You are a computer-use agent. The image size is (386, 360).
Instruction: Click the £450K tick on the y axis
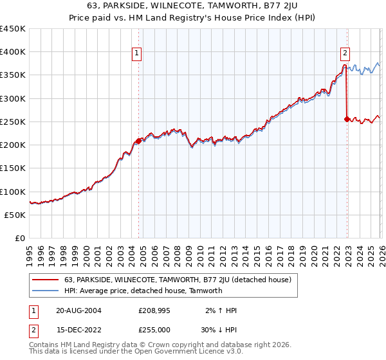pos(13,29)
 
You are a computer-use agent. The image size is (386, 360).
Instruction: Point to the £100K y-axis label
pos(13,192)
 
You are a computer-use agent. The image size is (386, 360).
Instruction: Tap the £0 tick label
pos(20,238)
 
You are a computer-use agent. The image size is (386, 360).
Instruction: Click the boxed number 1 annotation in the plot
pos(138,54)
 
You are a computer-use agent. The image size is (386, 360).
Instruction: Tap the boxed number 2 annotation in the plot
pos(345,54)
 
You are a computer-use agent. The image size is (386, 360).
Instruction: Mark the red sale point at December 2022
pos(347,119)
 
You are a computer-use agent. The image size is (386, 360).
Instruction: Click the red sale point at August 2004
pos(139,141)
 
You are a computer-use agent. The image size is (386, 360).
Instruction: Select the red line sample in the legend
pos(46,280)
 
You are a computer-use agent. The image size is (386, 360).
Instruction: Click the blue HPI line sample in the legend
pos(46,291)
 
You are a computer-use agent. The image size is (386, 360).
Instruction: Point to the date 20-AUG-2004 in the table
pos(78,310)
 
